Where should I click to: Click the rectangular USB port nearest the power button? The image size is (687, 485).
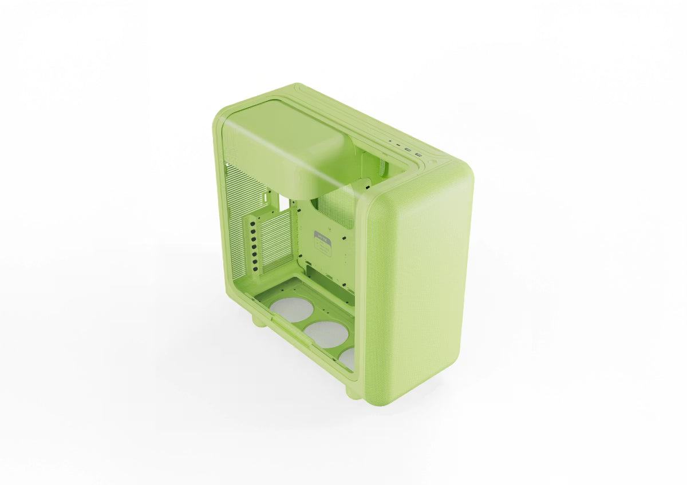click(418, 154)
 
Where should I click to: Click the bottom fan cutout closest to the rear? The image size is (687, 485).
click(292, 308)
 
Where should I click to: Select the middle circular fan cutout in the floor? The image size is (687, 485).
click(326, 333)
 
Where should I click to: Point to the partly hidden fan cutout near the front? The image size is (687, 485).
click(348, 358)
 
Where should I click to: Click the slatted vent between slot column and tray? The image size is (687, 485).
click(278, 240)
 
